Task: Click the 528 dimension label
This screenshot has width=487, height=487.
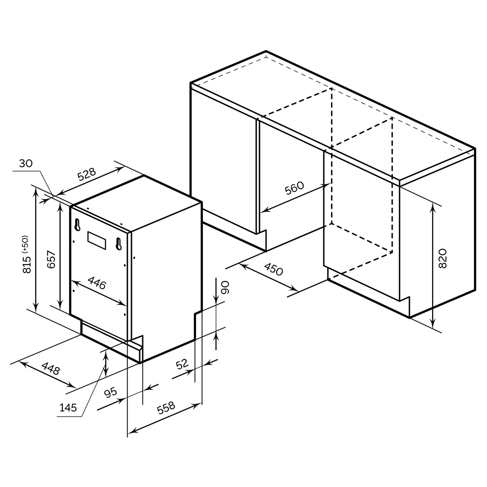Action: (86, 174)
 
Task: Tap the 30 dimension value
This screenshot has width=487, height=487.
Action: (26, 164)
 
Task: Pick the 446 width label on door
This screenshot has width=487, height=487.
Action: (97, 283)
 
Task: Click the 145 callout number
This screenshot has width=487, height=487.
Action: (68, 408)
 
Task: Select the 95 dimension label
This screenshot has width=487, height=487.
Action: (111, 393)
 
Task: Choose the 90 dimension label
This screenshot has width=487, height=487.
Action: (225, 287)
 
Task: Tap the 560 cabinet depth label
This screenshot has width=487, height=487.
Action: (294, 188)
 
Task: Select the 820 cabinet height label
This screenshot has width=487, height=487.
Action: (442, 258)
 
